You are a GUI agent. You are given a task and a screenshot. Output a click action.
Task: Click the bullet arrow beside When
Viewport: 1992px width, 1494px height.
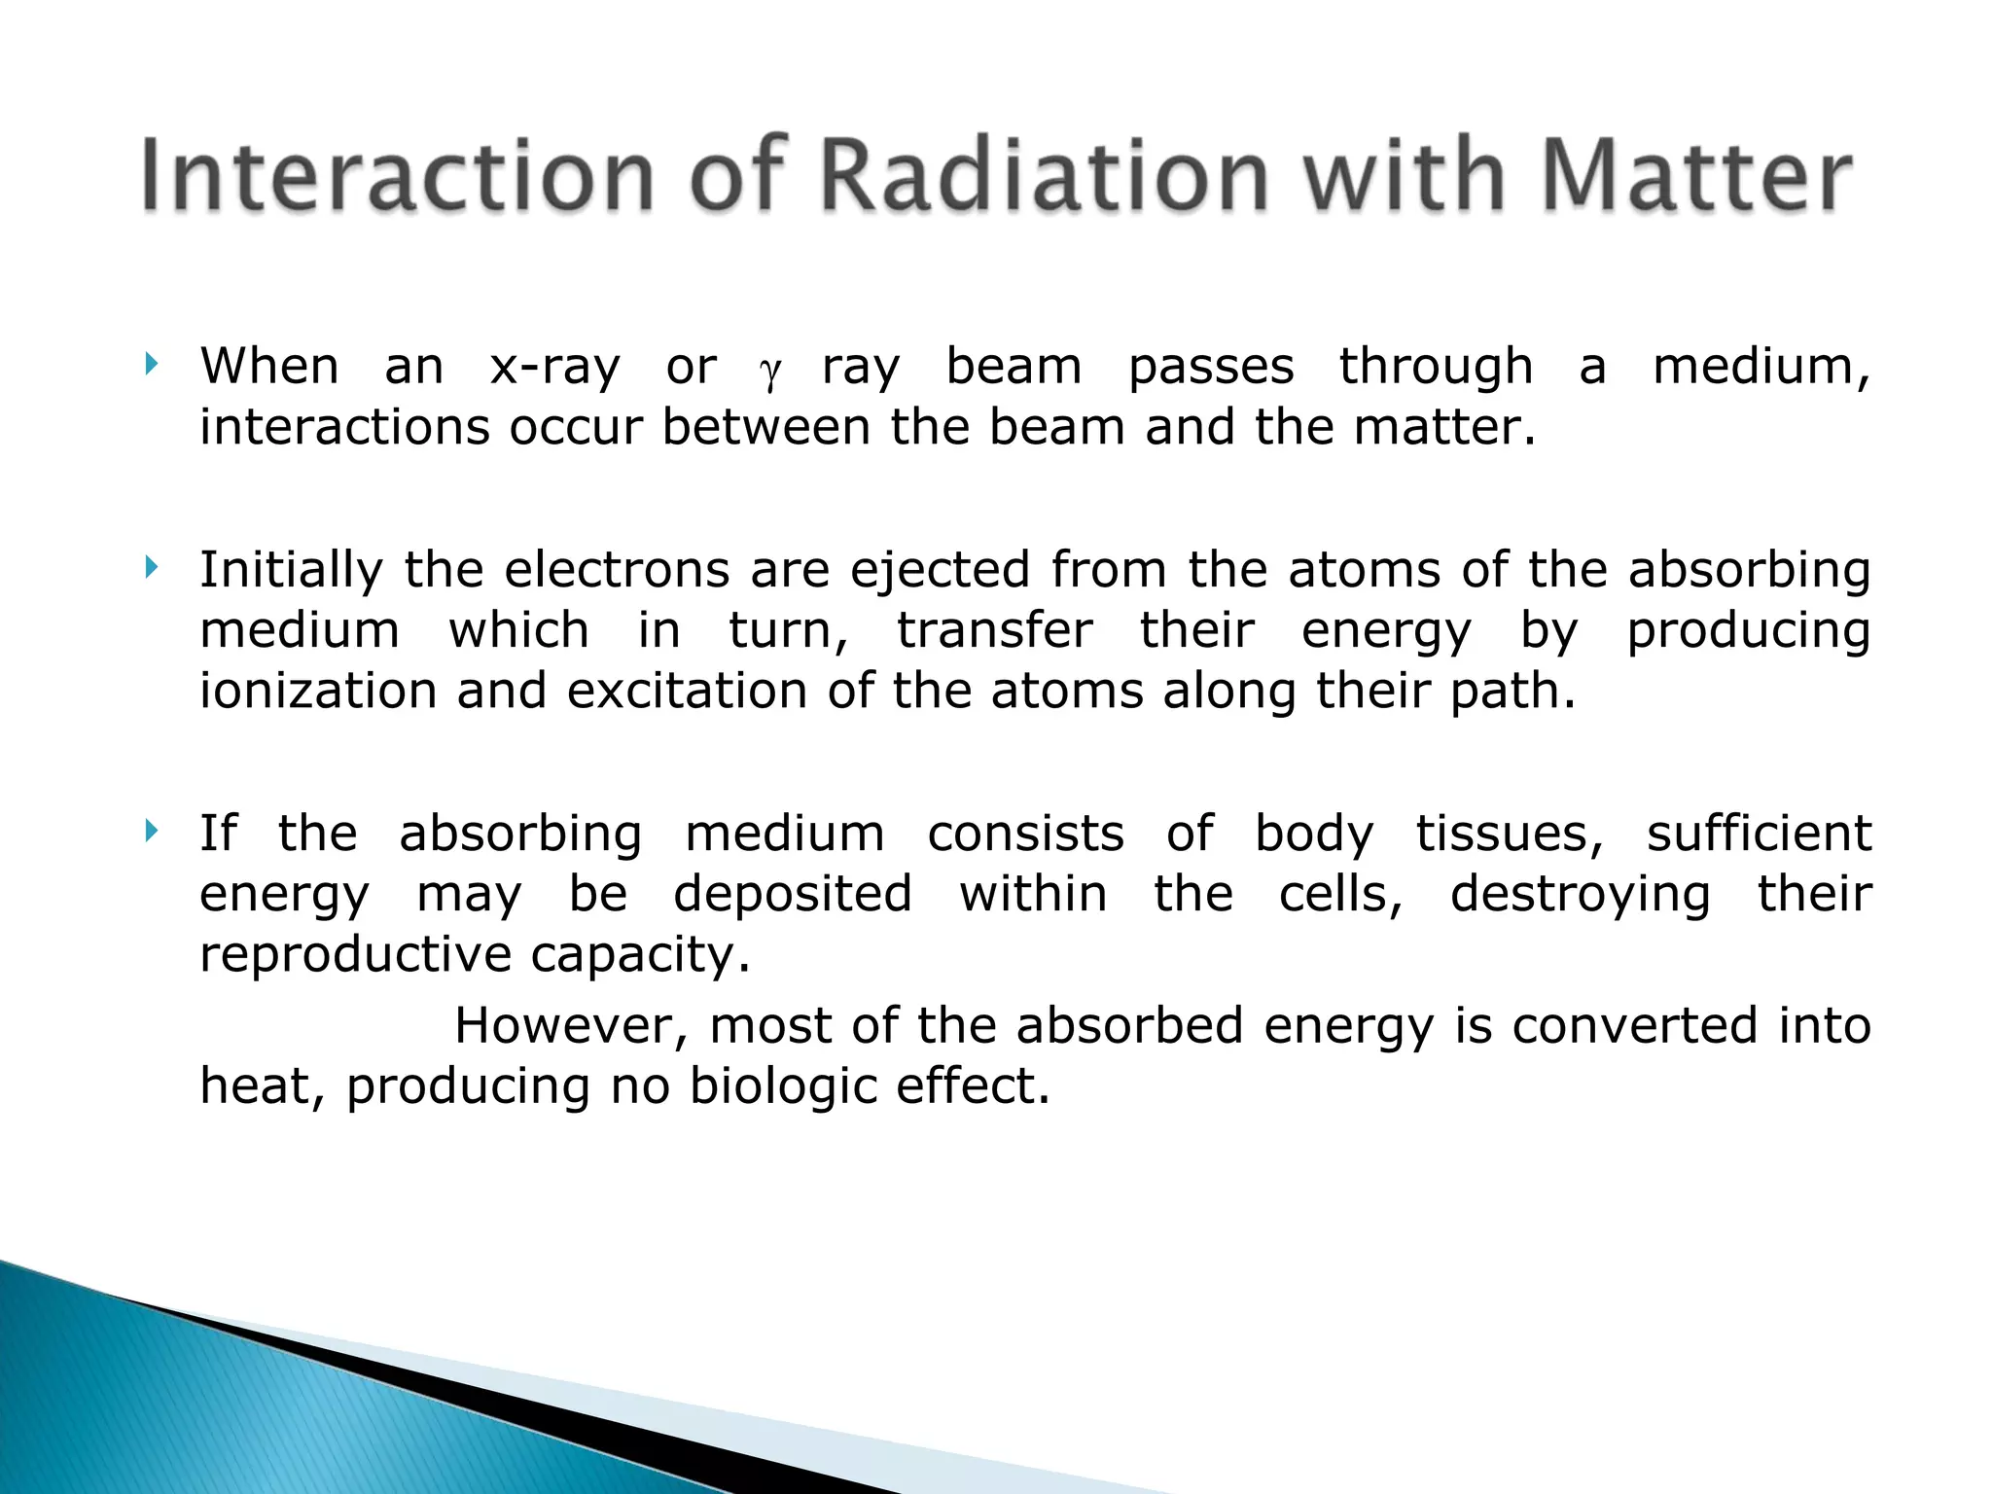[x=150, y=366]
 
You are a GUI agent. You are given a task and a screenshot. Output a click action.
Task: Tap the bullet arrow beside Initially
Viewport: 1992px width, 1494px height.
[x=150, y=567]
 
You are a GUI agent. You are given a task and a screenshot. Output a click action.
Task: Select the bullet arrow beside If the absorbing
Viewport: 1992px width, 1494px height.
[x=150, y=831]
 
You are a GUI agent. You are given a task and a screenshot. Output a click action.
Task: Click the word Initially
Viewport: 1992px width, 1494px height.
[x=292, y=571]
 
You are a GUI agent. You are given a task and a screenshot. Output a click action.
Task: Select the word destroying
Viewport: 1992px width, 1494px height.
[x=1580, y=896]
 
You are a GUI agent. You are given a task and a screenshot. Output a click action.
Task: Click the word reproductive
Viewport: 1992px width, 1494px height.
[x=355, y=956]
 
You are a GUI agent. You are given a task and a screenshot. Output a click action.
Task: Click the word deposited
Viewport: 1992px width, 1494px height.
[x=793, y=896]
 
